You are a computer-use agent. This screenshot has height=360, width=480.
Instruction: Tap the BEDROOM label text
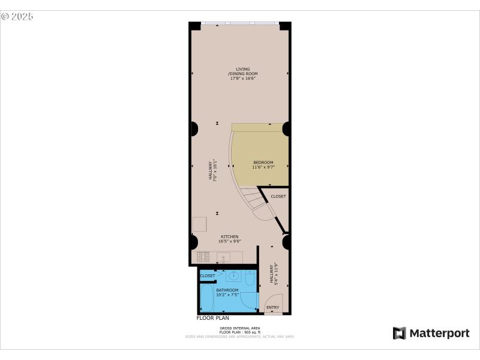coord(263,163)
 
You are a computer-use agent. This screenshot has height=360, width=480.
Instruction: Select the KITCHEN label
coord(230,236)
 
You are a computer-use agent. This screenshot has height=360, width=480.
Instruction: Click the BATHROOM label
coord(227,290)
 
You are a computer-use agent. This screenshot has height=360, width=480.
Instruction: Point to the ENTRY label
coord(273,308)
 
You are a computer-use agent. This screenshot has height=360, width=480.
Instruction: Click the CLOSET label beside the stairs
coord(278,197)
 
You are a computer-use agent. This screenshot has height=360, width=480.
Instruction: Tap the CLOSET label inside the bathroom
coord(208,276)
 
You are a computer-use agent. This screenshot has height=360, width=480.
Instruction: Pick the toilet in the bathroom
coord(250,278)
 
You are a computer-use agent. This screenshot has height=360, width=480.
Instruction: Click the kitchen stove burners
coord(203,257)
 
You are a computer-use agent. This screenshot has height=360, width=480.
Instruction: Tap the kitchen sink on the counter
coord(223,257)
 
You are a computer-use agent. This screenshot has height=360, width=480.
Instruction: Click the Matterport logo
coord(431,333)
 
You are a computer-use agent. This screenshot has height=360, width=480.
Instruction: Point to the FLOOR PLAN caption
coord(213,318)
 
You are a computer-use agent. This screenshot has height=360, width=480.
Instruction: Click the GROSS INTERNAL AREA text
coord(240,328)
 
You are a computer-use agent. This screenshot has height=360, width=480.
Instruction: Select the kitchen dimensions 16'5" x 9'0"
coord(230,241)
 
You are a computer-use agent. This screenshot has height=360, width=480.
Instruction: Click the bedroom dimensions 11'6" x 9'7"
coord(263,167)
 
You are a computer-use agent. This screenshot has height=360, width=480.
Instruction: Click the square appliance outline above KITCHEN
coord(199,224)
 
